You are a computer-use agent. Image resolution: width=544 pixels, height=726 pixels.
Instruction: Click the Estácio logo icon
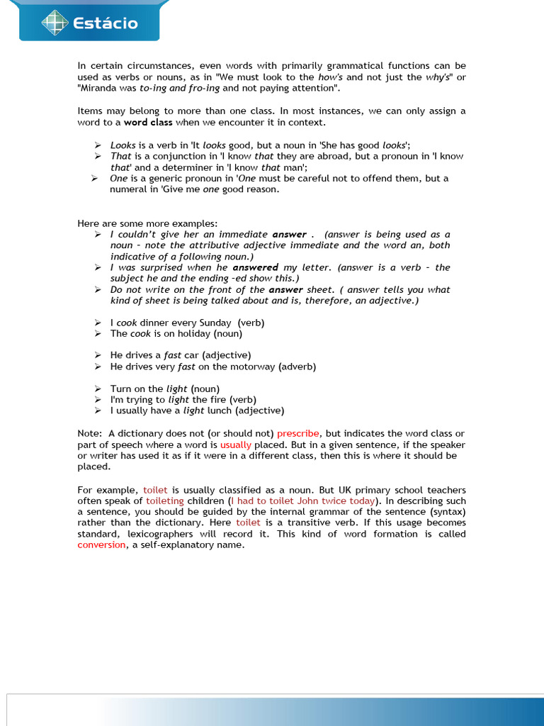[52, 23]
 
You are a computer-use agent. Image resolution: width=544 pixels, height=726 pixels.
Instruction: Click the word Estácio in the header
[106, 24]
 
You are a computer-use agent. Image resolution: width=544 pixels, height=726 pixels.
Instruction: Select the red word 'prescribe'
[298, 433]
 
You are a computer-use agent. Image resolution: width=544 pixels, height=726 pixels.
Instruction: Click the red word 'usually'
[236, 445]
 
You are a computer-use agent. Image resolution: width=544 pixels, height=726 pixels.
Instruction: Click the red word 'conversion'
[101, 544]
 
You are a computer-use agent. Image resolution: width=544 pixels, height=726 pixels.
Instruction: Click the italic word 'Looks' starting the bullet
[123, 145]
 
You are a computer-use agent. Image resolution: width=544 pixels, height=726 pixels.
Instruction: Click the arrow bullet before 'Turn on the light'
[98, 389]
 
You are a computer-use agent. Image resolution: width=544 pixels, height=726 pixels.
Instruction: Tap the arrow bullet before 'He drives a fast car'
[98, 355]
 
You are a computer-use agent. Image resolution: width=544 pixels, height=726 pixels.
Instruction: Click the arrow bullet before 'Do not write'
[98, 289]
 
